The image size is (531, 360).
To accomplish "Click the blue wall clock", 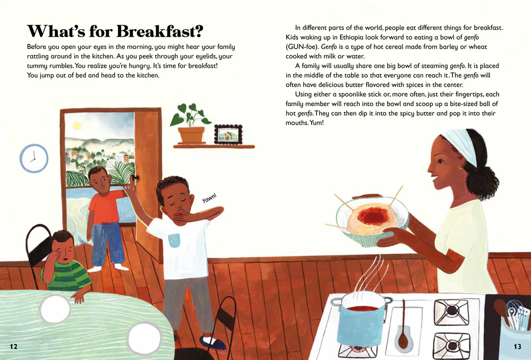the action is pos(34,158).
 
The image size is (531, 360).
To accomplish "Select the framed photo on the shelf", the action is pos(228,134).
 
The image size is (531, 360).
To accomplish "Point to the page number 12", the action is pos(14,346).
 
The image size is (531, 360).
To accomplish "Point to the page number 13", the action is pos(517,346).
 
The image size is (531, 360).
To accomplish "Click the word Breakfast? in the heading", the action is pos(159,31).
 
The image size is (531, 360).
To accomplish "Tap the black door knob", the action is pos(136,178).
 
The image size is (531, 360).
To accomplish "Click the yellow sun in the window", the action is pos(77,126).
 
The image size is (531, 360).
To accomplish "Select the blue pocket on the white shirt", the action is pos(174,240).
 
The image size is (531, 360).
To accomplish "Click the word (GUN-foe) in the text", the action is pos(302,47).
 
